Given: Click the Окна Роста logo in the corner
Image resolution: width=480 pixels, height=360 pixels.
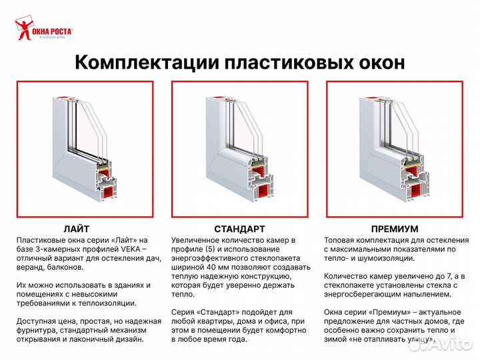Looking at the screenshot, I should pos(43,30).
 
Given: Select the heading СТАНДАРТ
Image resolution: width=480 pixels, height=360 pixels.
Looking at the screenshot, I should pos(239,229).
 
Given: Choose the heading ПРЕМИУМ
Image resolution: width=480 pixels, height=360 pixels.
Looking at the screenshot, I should pos(395,229).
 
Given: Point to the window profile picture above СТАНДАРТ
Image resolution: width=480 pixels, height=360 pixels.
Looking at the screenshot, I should pos(239,149).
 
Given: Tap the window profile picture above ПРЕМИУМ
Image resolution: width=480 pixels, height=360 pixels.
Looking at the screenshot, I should pos(395,149).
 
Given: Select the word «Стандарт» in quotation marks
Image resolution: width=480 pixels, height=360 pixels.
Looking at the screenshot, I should pos(217,311).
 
